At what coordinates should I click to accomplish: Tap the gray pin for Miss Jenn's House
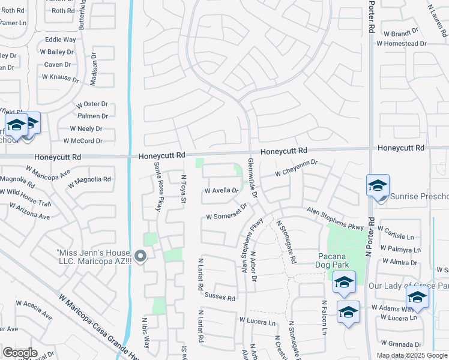point(140,257)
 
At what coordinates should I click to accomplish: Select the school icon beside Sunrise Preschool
point(378,187)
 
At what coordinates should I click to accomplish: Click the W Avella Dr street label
point(221,191)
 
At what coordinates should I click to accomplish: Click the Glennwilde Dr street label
point(252,179)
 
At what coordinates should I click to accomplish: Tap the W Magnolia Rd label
point(89,179)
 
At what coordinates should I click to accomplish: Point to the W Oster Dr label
point(92,104)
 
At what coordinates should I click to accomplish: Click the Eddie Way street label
point(61,40)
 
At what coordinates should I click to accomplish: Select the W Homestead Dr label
point(401,44)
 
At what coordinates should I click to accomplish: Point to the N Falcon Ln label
point(324,317)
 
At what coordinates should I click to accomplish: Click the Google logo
point(20,353)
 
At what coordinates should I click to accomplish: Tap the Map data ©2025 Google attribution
point(412,355)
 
